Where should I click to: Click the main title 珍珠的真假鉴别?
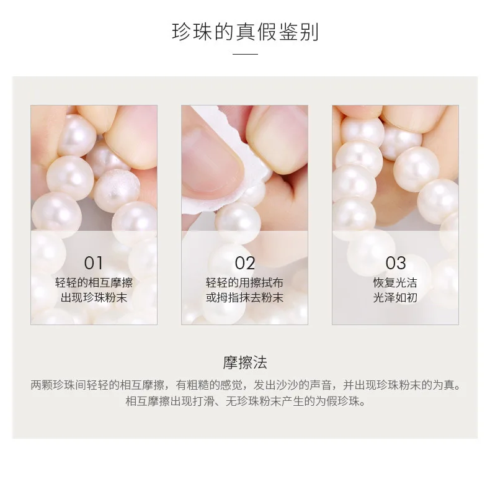tap(245, 31)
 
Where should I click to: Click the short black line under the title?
tap(245, 54)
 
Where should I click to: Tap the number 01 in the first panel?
tap(94, 263)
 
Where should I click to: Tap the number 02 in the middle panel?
tap(245, 263)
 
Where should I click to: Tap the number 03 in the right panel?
tap(396, 263)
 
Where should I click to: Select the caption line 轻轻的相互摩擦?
tap(94, 282)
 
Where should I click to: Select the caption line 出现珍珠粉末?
tap(94, 297)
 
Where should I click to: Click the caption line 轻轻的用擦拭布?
tap(245, 282)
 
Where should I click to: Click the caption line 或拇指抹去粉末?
tap(245, 297)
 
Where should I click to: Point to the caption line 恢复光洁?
tap(396, 282)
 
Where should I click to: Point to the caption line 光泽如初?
tap(396, 297)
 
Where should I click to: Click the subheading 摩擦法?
tap(245, 362)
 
